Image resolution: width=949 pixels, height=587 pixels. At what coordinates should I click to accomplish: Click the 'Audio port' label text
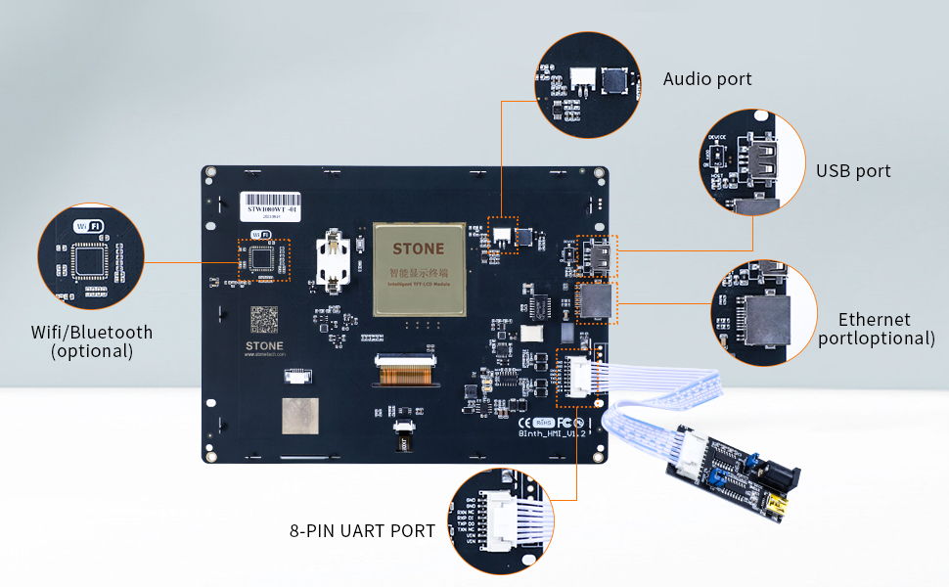click(x=707, y=79)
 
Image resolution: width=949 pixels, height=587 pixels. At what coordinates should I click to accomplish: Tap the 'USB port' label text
click(x=853, y=171)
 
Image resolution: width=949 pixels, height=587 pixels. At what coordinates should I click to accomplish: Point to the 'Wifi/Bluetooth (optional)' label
click(x=92, y=341)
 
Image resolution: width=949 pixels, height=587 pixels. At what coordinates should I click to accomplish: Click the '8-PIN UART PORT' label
click(x=362, y=531)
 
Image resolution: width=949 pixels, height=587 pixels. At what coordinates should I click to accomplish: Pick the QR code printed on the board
click(x=265, y=320)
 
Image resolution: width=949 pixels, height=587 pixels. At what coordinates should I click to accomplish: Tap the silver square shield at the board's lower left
click(x=300, y=415)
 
